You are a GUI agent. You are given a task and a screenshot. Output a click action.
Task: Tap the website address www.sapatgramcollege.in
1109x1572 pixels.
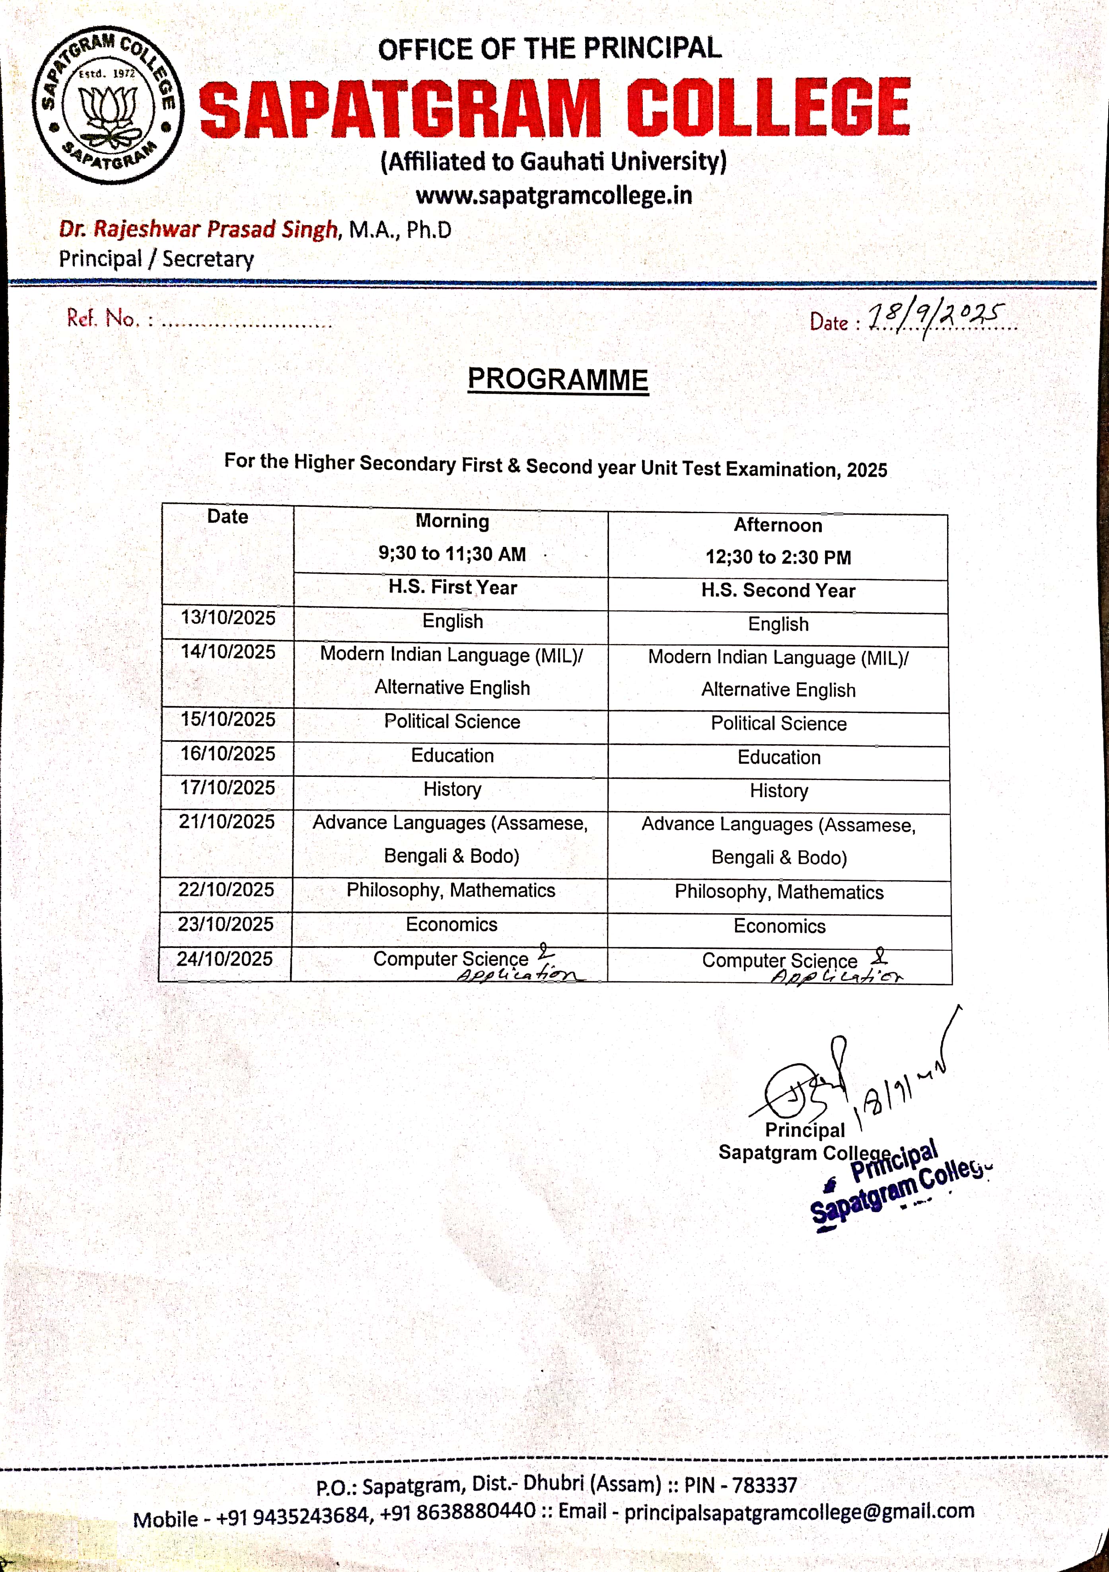click(554, 196)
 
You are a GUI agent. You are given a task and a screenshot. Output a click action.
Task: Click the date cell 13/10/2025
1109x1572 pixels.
click(228, 618)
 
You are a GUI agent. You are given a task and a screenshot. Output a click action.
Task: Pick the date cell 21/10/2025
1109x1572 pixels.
click(227, 822)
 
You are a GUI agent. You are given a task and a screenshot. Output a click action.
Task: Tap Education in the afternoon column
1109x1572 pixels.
click(779, 757)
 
